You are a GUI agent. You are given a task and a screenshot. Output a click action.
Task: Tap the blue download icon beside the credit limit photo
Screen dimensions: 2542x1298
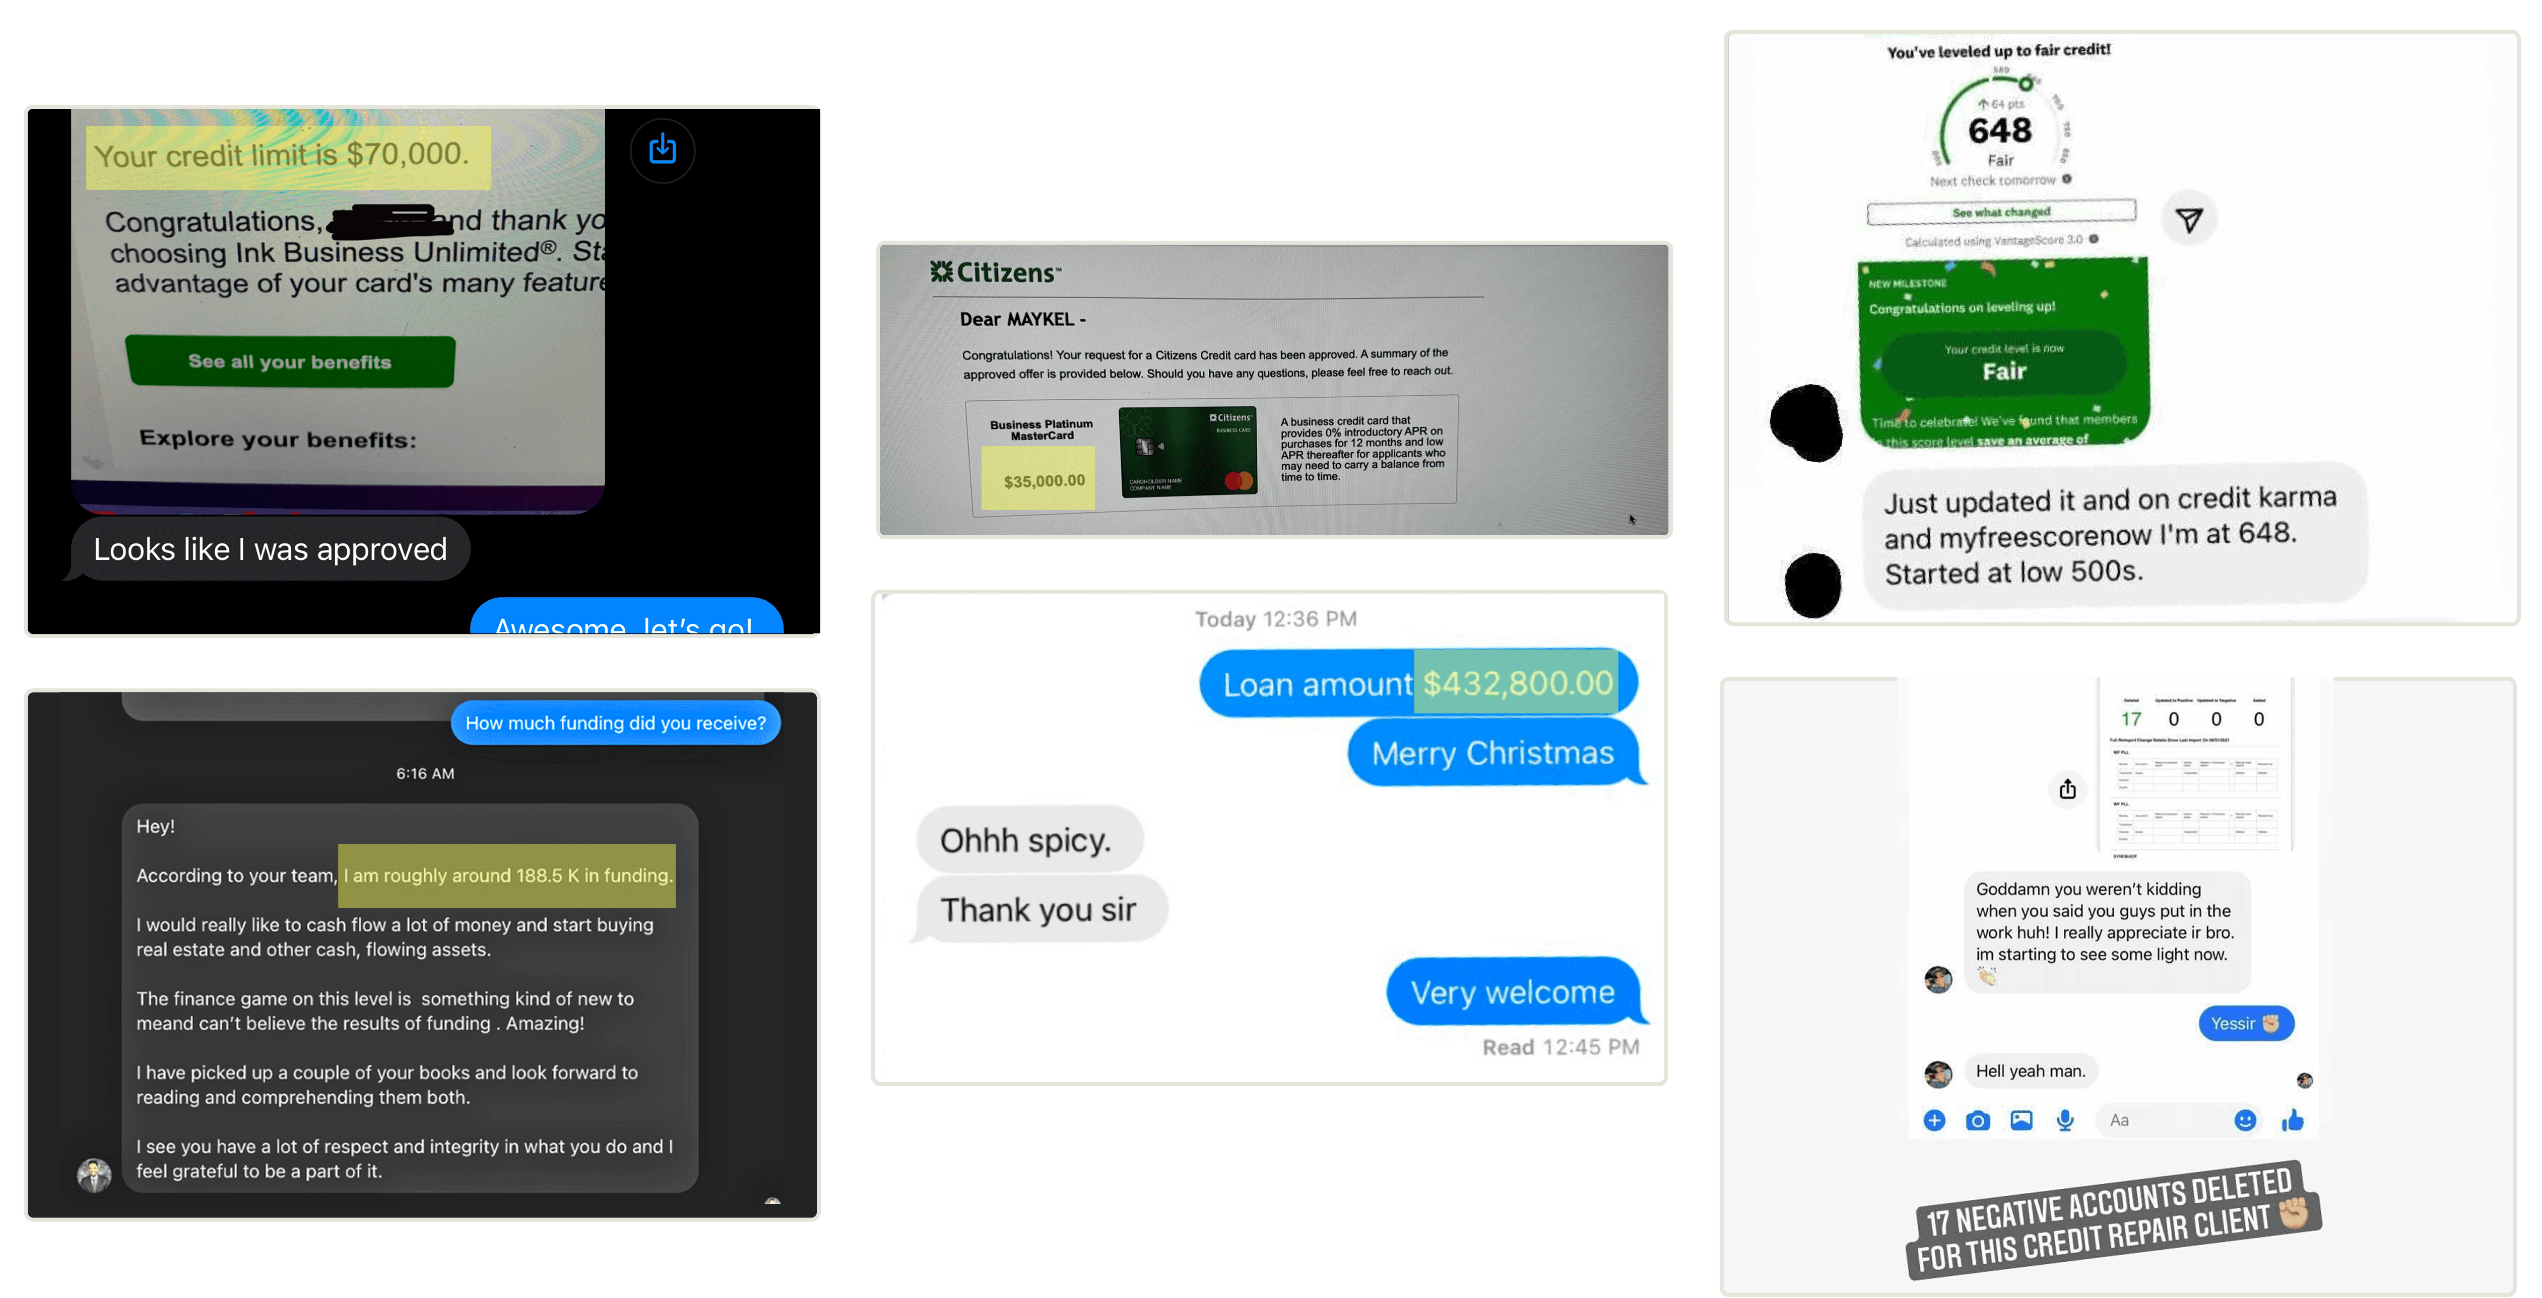[x=662, y=150]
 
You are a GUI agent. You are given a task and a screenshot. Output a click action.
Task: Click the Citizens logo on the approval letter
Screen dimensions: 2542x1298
[x=995, y=272]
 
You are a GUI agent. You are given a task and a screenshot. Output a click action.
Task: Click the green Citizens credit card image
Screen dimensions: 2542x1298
[x=1187, y=452]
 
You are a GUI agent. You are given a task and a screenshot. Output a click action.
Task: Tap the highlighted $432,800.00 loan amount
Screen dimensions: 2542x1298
[x=1517, y=683]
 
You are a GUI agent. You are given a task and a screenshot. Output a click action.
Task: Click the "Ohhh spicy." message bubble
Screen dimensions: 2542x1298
[x=1026, y=840]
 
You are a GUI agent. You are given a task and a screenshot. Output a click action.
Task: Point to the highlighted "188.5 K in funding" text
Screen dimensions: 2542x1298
[x=507, y=875]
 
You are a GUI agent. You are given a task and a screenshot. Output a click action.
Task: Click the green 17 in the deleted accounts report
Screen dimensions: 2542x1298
[x=2131, y=719]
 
